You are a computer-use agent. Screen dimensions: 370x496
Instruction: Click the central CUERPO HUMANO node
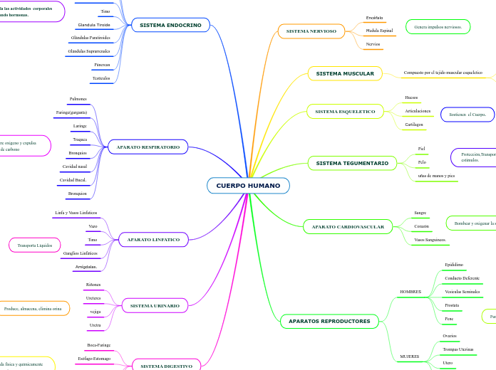248,186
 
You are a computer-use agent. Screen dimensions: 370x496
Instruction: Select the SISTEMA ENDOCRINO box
170,25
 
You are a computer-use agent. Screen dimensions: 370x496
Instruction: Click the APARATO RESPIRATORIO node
148,147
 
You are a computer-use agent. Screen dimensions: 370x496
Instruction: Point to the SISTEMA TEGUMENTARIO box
352,164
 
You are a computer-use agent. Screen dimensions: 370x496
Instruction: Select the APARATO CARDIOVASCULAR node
348,227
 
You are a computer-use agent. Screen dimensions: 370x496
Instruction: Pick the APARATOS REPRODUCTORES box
329,322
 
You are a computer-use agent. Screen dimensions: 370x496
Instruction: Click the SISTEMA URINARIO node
155,305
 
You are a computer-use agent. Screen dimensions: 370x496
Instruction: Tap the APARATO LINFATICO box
153,240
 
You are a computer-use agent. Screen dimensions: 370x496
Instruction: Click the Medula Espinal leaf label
379,31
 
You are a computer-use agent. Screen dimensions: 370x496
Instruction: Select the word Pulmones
78,99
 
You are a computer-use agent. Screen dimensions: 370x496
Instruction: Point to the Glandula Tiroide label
94,24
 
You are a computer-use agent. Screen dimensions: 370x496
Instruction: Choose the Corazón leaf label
422,226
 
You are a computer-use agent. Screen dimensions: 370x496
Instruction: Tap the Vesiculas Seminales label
462,292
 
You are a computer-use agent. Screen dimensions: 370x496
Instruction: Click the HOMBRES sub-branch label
410,292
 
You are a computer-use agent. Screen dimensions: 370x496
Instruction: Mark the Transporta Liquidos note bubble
35,245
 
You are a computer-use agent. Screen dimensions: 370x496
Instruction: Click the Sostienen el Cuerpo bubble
467,114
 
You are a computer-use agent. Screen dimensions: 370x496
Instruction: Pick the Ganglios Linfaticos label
81,253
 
